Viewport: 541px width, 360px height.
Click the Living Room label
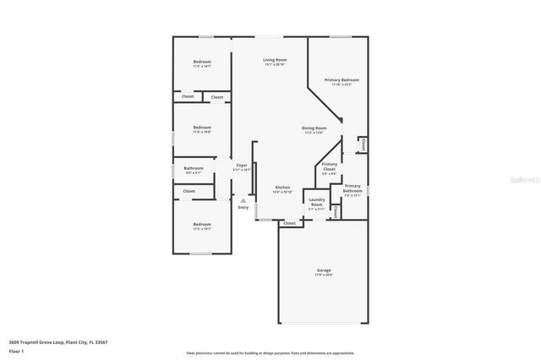click(275, 60)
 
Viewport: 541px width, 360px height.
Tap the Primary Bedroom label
click(342, 79)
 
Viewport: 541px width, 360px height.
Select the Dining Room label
click(314, 128)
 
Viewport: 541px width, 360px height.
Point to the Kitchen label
click(282, 187)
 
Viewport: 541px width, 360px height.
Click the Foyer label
click(242, 165)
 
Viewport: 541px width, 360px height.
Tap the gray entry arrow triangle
click(243, 200)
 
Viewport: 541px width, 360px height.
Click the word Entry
click(243, 207)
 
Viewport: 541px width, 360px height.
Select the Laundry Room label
click(316, 204)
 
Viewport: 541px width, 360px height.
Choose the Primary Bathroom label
click(352, 188)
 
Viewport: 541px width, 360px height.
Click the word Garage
click(324, 270)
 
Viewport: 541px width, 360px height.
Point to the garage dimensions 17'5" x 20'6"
click(324, 275)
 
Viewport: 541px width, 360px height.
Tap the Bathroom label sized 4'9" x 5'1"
click(193, 169)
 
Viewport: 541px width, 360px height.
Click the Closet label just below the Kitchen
click(290, 223)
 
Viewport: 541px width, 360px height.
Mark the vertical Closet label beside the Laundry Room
click(336, 210)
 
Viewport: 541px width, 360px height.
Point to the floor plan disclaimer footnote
click(270, 353)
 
